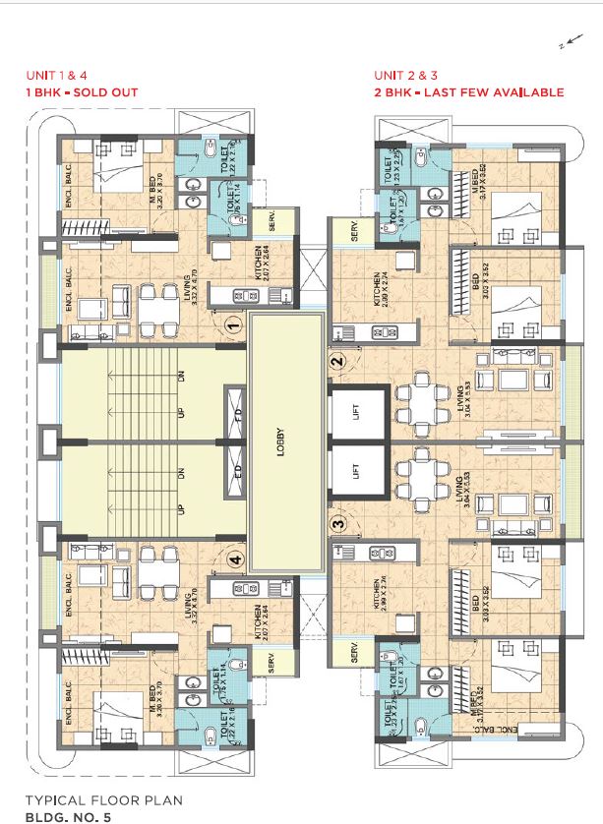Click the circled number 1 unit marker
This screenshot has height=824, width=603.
233,323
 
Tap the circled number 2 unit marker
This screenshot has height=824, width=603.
337,361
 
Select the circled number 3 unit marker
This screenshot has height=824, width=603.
337,525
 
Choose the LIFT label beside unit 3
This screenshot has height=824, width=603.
356,475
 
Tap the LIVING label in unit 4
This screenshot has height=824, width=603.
188,607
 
